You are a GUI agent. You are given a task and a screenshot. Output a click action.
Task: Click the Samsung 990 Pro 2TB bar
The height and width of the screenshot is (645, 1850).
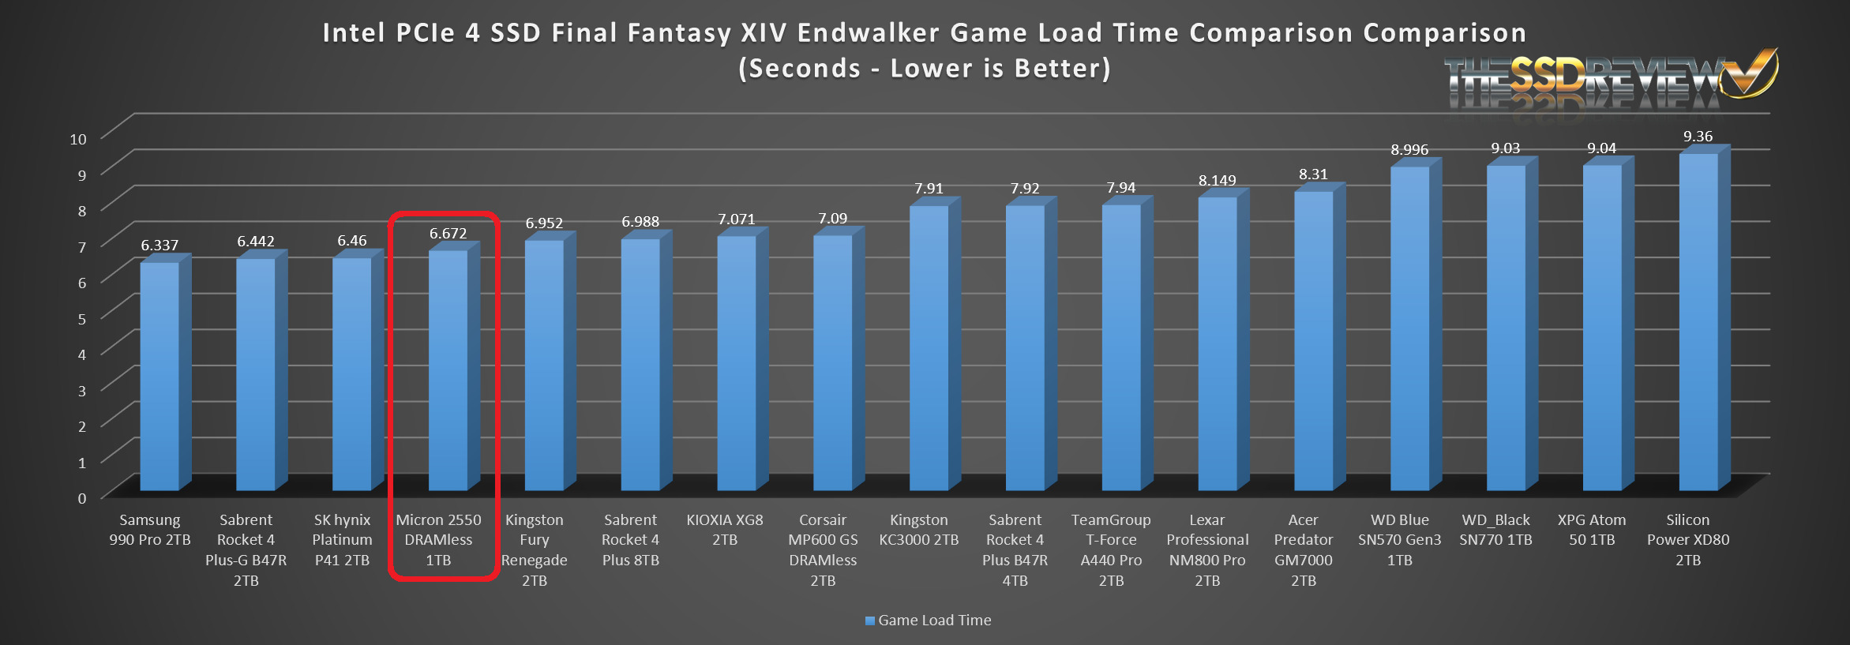click(x=159, y=375)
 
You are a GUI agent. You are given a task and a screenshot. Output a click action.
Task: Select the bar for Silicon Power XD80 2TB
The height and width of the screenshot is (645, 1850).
click(x=1698, y=321)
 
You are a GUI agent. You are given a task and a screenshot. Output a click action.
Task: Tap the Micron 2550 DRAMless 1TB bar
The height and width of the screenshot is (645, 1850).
click(x=448, y=369)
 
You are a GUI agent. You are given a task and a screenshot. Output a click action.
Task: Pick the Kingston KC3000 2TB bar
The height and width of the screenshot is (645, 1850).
click(x=929, y=347)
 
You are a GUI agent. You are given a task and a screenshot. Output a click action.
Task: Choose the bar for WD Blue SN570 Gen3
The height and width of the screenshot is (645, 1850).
click(x=1409, y=328)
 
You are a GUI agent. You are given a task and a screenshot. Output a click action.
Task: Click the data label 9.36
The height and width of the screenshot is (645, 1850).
click(x=1698, y=137)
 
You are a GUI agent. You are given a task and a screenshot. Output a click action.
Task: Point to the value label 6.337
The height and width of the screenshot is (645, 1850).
click(x=159, y=246)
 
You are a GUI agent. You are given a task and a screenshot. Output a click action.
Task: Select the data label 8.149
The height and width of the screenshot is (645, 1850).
click(x=1217, y=181)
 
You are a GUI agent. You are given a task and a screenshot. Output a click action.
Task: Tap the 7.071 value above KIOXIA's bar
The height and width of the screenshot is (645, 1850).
click(x=736, y=219)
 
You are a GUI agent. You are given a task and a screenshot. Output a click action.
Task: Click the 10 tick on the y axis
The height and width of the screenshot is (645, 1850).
click(x=78, y=139)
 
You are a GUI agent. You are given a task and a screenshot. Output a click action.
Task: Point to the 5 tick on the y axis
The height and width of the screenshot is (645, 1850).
click(x=81, y=319)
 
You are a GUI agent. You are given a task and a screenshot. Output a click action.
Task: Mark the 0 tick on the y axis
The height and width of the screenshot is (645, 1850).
click(x=81, y=498)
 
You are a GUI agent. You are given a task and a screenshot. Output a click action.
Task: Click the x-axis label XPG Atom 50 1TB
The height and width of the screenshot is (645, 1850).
click(x=1591, y=530)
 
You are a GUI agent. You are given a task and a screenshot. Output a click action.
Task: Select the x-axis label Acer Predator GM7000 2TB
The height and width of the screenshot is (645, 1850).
click(x=1303, y=550)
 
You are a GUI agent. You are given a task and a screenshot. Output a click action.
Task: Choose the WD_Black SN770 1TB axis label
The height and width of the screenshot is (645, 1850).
click(x=1495, y=530)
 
